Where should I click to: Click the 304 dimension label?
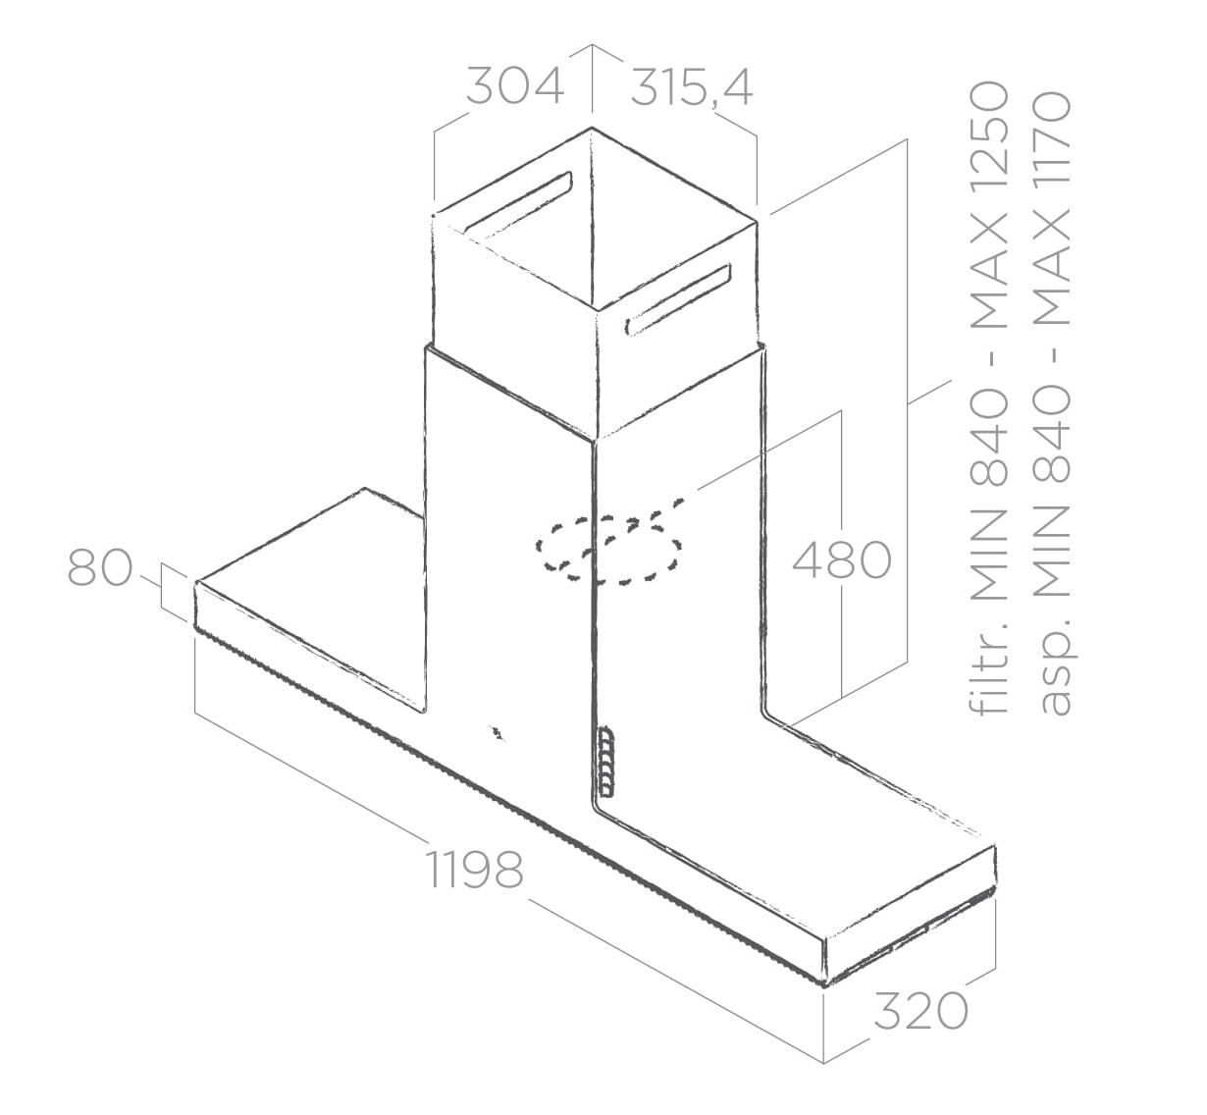click(x=515, y=86)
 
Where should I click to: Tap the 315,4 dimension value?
click(x=692, y=88)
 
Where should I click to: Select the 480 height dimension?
click(x=842, y=559)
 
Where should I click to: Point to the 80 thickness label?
click(x=100, y=568)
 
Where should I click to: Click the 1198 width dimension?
click(x=475, y=870)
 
